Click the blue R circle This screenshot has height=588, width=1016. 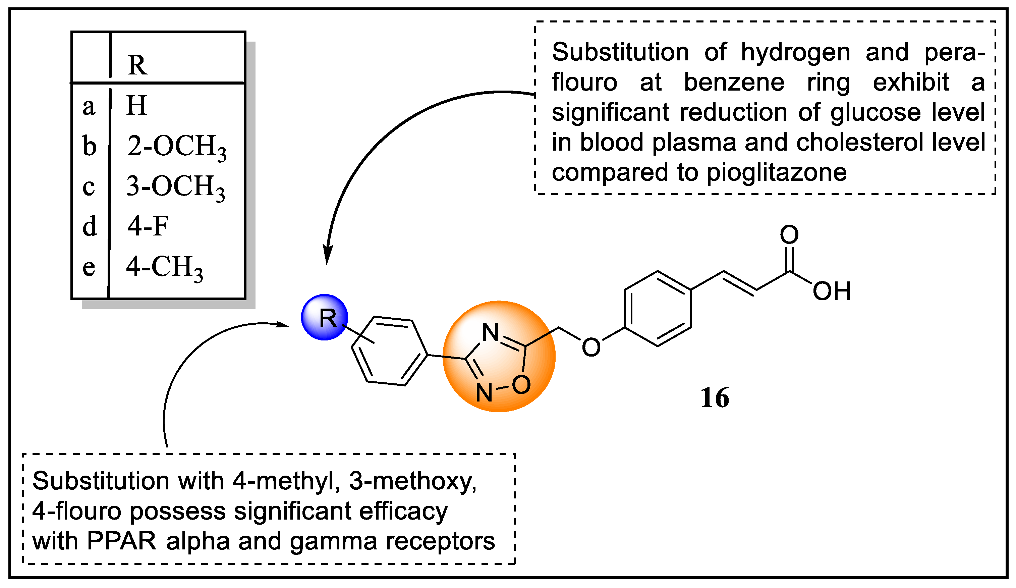click(x=325, y=317)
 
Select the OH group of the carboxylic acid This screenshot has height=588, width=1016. click(x=831, y=291)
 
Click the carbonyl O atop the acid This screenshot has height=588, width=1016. click(x=789, y=234)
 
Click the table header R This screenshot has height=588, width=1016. click(x=137, y=64)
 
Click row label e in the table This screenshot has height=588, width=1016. click(x=89, y=267)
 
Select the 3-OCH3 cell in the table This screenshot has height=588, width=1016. click(x=175, y=187)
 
